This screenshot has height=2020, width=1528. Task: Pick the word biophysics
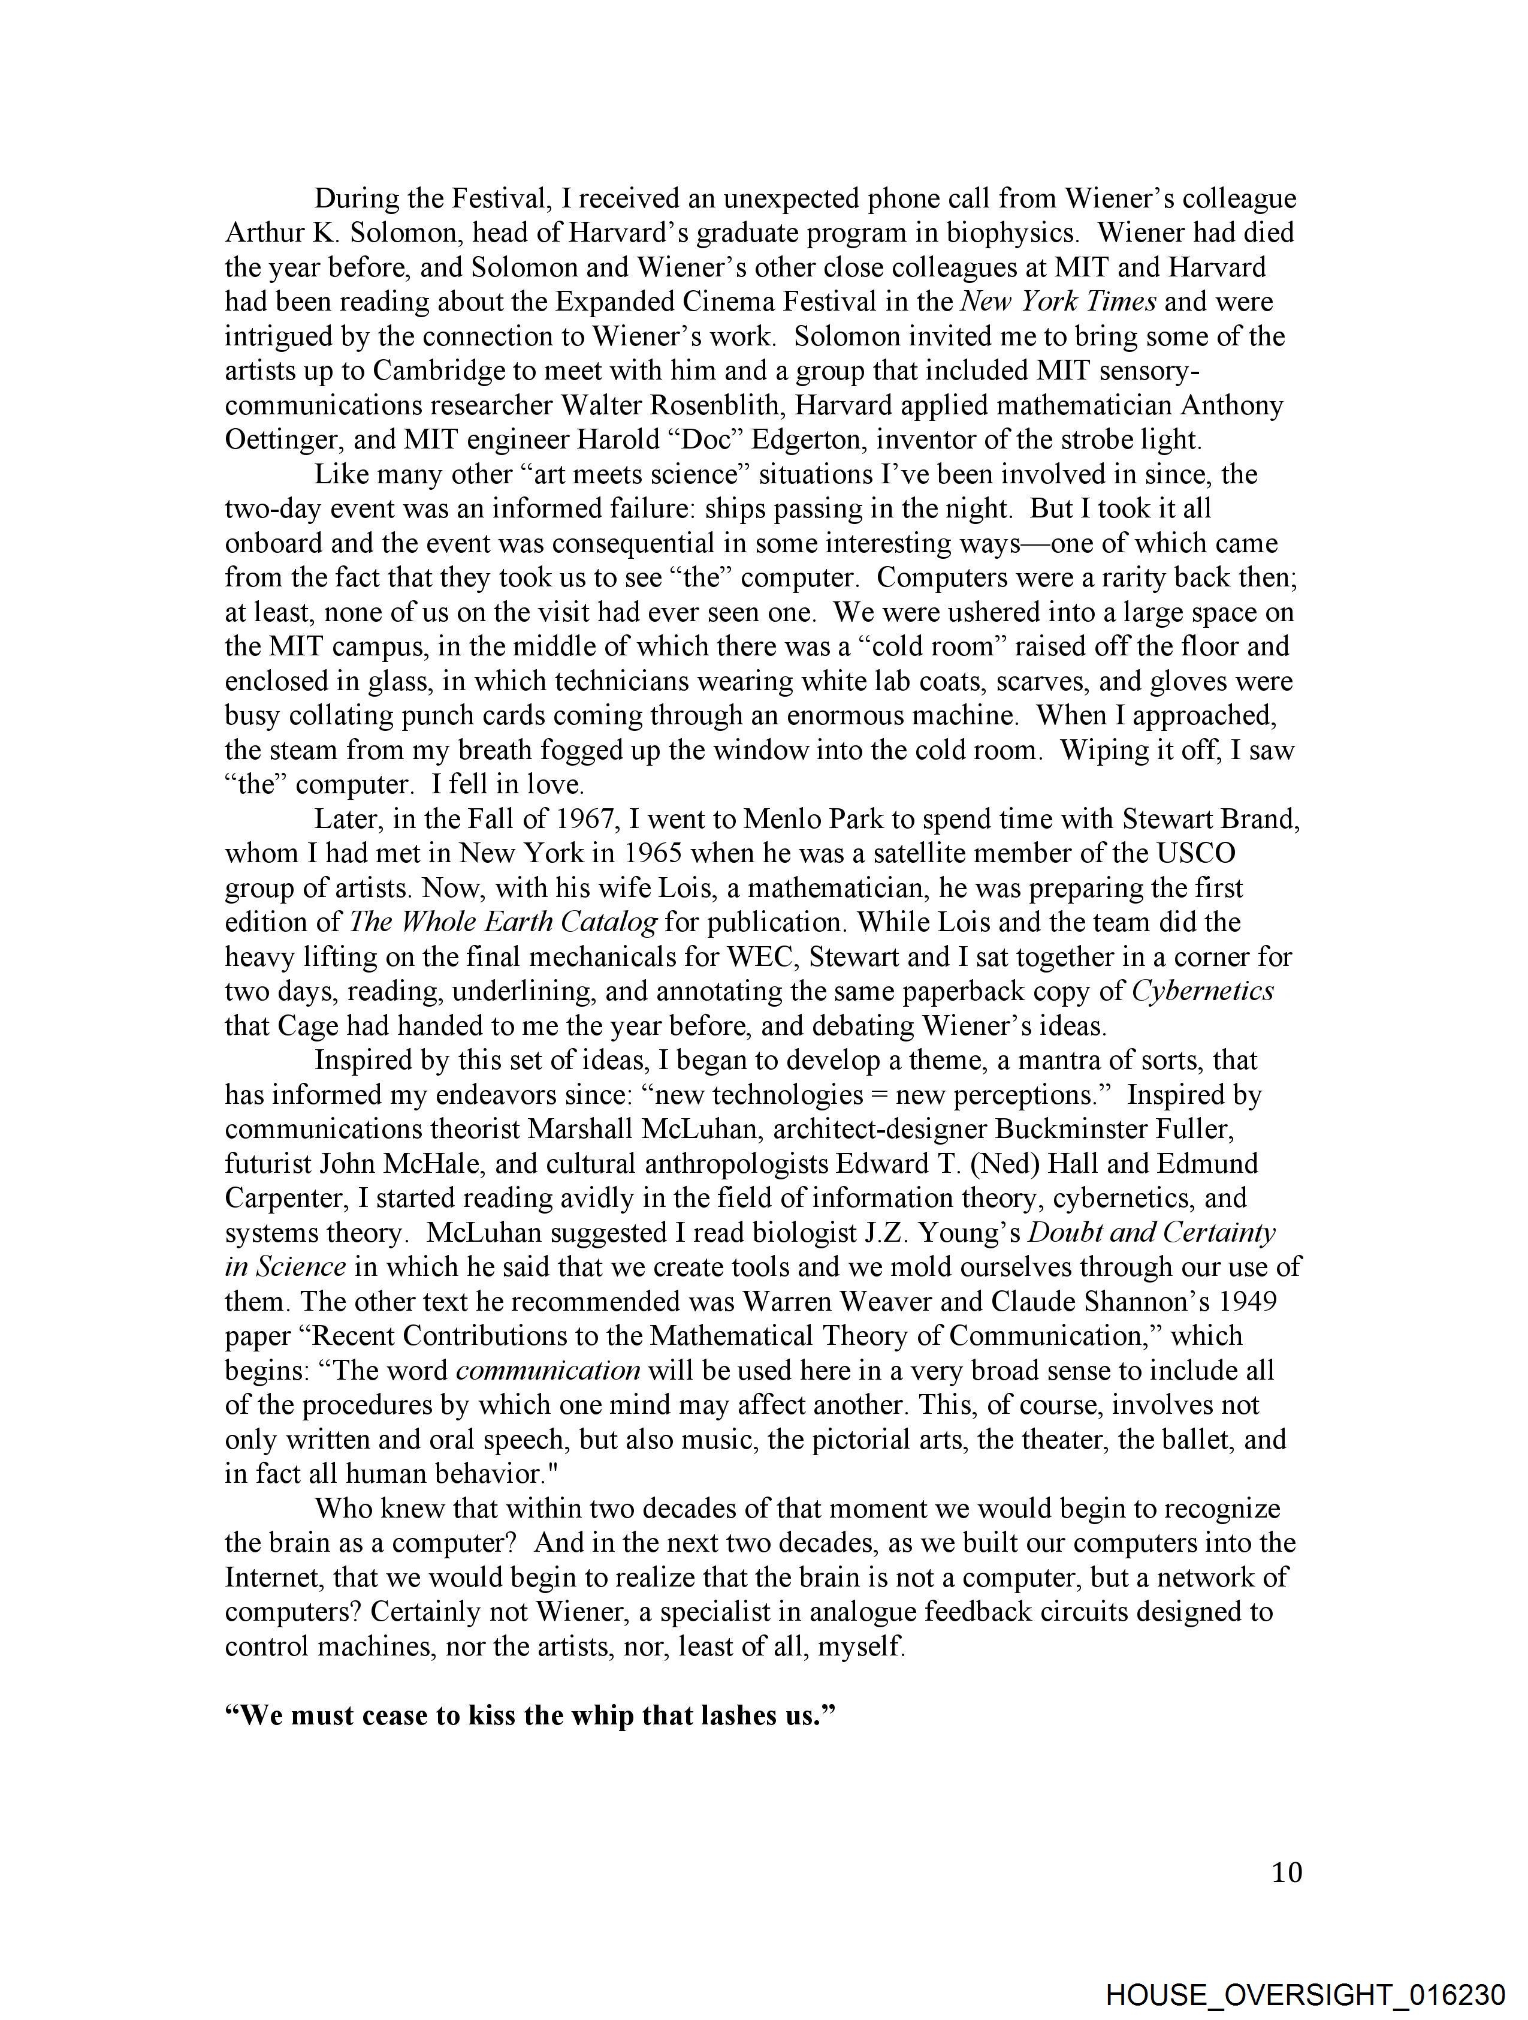point(1013,233)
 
